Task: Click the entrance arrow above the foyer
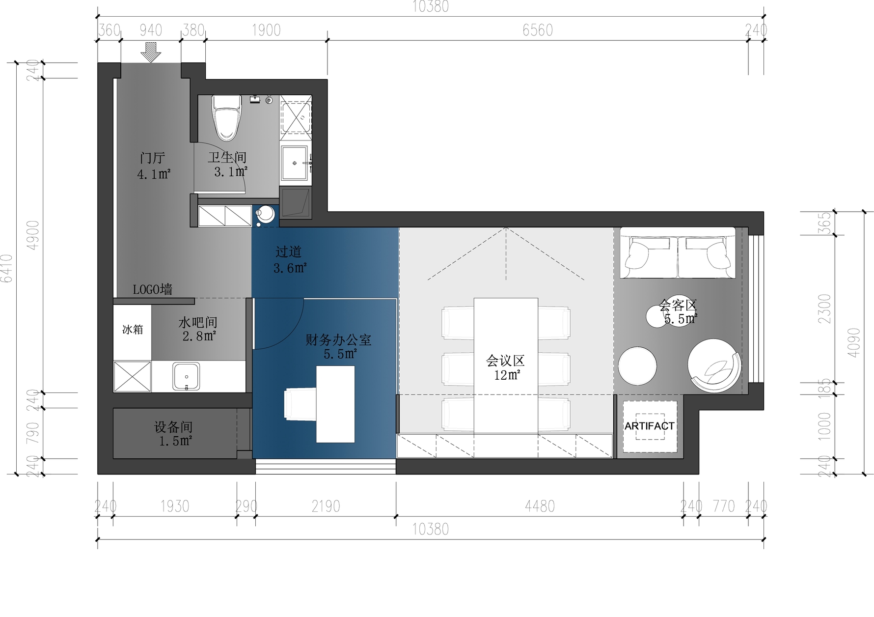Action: point(151,52)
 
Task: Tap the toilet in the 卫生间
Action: point(226,117)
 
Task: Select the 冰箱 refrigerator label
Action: point(133,329)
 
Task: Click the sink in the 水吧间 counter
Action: point(187,377)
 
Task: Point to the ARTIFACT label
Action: point(649,426)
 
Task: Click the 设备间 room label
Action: point(173,427)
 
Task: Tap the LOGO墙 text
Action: point(153,289)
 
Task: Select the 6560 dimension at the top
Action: point(538,30)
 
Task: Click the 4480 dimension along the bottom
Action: point(540,506)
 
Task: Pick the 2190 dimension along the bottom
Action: point(326,506)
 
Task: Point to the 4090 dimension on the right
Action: point(854,342)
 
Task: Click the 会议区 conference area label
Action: point(505,361)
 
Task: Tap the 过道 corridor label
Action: point(288,252)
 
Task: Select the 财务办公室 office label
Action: point(338,340)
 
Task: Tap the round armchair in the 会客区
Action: point(714,365)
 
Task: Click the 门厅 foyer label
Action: point(153,158)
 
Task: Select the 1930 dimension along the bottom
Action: point(175,506)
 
